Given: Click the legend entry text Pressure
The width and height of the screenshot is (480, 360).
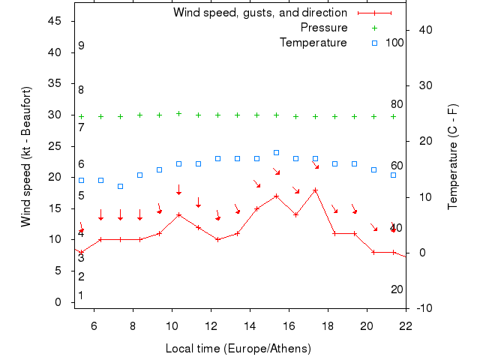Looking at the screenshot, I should pos(324,28).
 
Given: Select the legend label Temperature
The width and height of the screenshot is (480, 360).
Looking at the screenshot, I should pos(313,43).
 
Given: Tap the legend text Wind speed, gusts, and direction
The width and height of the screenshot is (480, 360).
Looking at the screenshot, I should pos(260,13).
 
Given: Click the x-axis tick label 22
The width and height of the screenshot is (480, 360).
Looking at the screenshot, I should pos(406,325).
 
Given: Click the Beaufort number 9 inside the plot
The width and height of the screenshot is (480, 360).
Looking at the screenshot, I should pos(81,46).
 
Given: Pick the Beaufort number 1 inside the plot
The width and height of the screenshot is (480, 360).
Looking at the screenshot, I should pos(81,295).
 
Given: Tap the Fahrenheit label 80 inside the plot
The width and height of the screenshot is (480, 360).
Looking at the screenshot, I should pos(397,104).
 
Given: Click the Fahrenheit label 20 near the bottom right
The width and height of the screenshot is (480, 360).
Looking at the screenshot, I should pos(397,289).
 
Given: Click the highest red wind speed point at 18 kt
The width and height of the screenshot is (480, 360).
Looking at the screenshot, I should pos(315,190).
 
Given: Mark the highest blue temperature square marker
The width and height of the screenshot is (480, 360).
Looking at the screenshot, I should pos(276,152).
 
